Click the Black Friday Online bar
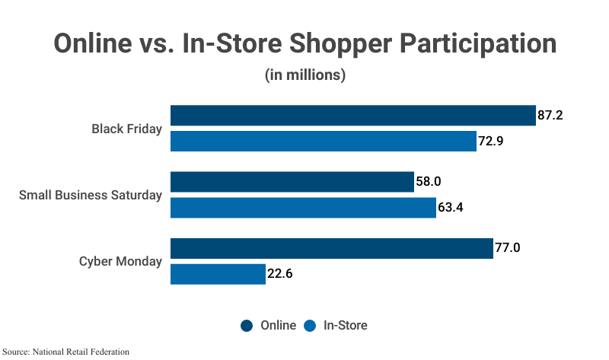coord(352,116)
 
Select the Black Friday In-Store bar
coord(323,142)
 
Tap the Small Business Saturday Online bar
coord(292,182)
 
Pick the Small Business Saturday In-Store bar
coord(303,208)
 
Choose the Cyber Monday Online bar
coord(331,248)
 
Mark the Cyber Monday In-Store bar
coord(218,274)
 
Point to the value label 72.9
coord(491,142)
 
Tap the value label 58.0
coord(429,182)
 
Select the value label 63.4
coord(451,208)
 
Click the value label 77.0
coord(508,248)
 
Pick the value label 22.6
coord(280,274)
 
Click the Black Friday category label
coord(126,129)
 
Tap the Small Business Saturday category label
coord(91,195)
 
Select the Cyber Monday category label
coord(120,261)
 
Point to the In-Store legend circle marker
coord(310,326)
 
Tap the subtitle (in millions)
coord(305,75)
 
